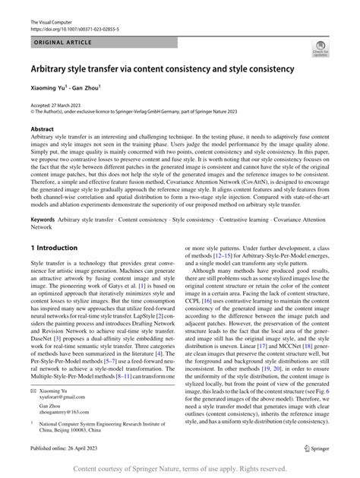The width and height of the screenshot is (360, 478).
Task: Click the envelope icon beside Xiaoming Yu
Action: tap(34, 389)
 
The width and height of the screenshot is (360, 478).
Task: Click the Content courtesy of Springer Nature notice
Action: tap(180, 469)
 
